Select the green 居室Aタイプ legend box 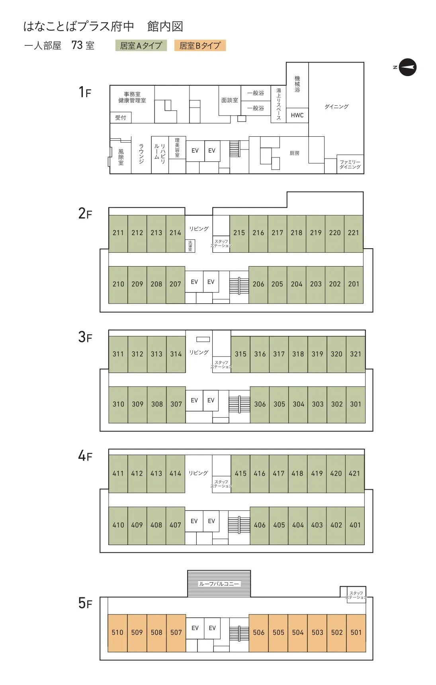tap(141, 45)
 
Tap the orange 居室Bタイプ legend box tap(200, 45)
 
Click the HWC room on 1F tap(297, 115)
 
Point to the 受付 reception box tap(121, 118)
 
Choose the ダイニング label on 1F tap(336, 106)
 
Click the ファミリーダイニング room tap(350, 164)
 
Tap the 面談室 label tap(230, 100)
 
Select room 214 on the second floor tap(175, 234)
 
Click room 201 tap(354, 285)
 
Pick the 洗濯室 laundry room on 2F tap(190, 245)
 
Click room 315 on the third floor tap(240, 354)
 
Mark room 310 tap(118, 404)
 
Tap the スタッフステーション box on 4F tap(221, 484)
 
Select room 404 tap(298, 526)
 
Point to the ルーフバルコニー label tap(219, 584)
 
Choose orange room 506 tap(259, 633)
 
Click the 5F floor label tap(85, 603)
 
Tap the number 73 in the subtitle tap(77, 45)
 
